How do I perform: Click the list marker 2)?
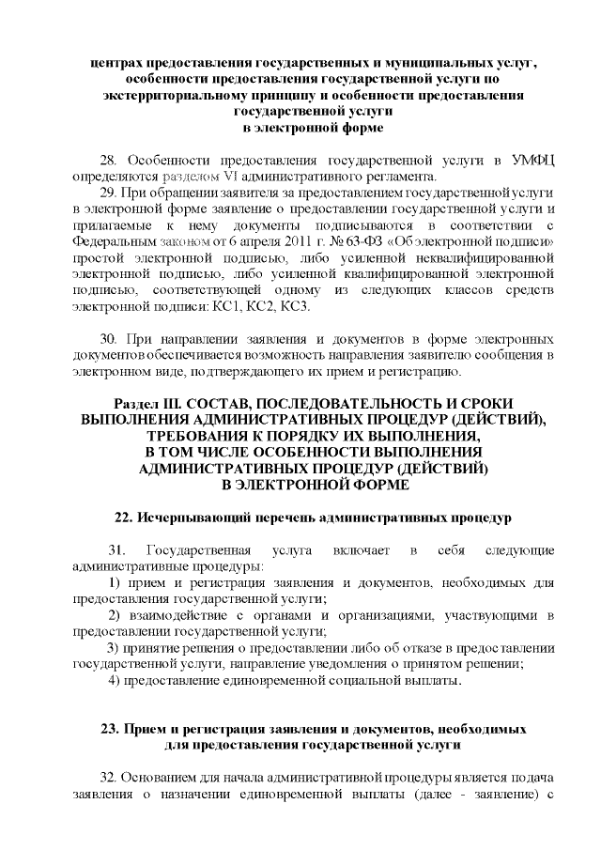click(113, 614)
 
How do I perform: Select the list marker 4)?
click(113, 679)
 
